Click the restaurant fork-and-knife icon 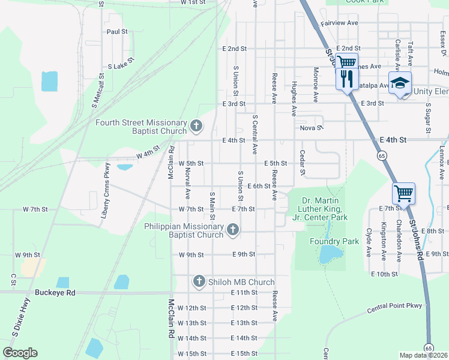pyautogui.click(x=346, y=79)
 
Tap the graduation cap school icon pyautogui.click(x=400, y=84)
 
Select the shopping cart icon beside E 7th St pyautogui.click(x=404, y=194)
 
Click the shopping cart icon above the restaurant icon pyautogui.click(x=346, y=62)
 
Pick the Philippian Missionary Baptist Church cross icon pyautogui.click(x=232, y=229)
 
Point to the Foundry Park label pyautogui.click(x=334, y=241)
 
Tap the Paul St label pyautogui.click(x=117, y=31)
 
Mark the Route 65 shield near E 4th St pyautogui.click(x=382, y=155)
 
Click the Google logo pyautogui.click(x=20, y=353)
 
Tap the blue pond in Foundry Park pyautogui.click(x=330, y=254)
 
